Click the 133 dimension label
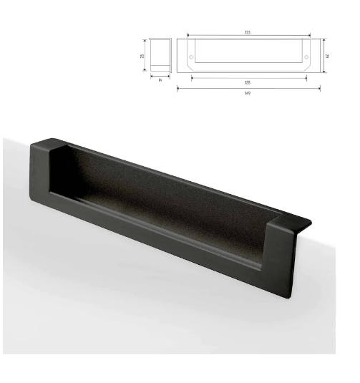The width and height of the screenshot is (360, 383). point(247,34)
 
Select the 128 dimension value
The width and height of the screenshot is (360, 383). point(247,82)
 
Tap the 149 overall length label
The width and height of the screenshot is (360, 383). point(247,92)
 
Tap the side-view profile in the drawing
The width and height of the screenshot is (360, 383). point(160,54)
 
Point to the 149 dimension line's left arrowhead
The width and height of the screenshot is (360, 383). point(178,89)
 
